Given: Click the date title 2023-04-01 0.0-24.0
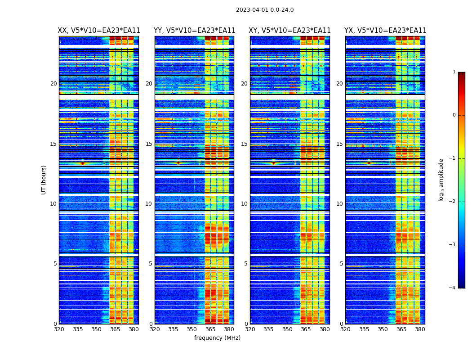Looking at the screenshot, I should [265, 10].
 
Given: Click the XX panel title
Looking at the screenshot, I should [99, 31].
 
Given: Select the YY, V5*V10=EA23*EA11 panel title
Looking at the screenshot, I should [195, 31].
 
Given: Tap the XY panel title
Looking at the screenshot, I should [290, 31].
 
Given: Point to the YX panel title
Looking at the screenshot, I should [385, 31].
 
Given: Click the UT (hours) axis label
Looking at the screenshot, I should [44, 180].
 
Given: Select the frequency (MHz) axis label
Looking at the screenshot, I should [217, 338].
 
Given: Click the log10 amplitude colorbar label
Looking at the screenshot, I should [441, 180].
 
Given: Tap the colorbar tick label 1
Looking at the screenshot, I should [454, 72].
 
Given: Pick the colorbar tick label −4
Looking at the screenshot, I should [453, 288].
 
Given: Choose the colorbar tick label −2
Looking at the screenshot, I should [453, 202].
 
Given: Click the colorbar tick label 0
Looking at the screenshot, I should [454, 115].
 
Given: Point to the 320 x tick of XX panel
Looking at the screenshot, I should [59, 329].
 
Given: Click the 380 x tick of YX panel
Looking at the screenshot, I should [420, 329].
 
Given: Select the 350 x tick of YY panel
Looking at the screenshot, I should [192, 329].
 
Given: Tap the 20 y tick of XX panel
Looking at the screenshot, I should [53, 84].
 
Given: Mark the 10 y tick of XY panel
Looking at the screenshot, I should [244, 204].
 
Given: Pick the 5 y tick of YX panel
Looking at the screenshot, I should [341, 264].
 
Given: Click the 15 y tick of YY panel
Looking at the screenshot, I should [149, 144].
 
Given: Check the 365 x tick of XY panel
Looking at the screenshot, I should [306, 329].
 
